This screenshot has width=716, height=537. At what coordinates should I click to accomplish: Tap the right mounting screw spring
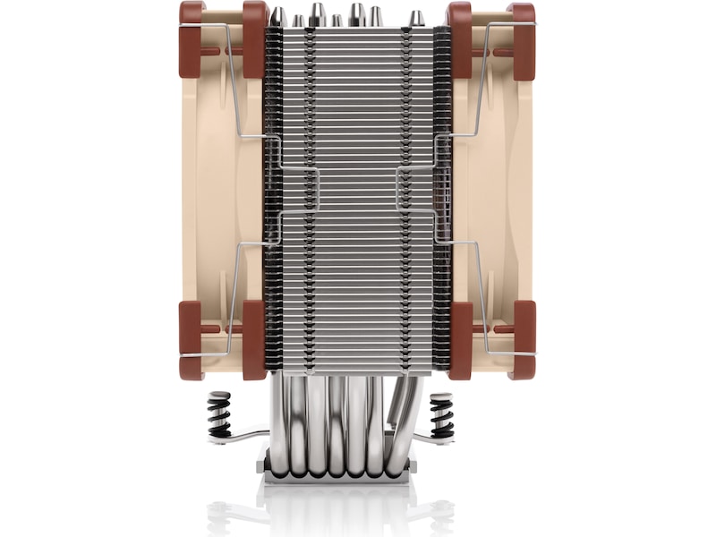point(441,416)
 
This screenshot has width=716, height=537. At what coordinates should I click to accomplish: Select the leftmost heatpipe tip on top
point(278,16)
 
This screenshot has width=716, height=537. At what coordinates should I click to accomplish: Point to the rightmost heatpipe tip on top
point(416,18)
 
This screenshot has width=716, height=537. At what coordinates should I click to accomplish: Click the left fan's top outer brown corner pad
point(192,36)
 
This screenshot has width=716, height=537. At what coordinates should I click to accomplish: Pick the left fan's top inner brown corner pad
point(254,36)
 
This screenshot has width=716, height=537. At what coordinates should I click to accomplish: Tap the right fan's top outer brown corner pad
point(523,36)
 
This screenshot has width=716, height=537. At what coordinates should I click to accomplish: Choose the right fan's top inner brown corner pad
point(460,36)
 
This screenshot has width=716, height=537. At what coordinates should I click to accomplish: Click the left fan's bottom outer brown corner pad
point(192,340)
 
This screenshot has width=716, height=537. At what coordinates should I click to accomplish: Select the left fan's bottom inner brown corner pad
point(254,340)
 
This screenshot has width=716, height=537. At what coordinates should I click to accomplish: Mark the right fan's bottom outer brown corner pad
point(523,340)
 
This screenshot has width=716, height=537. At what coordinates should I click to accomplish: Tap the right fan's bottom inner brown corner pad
point(460,340)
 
